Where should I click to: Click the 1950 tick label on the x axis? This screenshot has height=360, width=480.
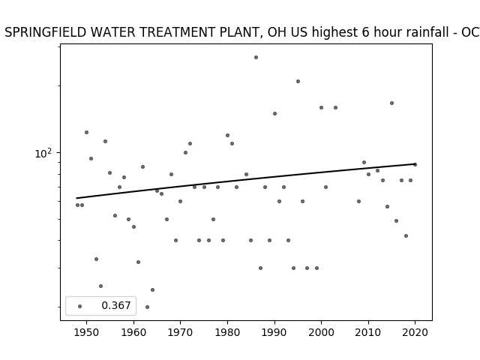[x=87, y=332]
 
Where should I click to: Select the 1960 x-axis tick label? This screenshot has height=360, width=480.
[x=133, y=332]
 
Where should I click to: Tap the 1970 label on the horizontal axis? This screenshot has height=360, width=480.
[x=180, y=332]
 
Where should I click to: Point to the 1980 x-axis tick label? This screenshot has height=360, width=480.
[x=227, y=332]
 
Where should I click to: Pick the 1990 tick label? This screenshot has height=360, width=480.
[x=274, y=332]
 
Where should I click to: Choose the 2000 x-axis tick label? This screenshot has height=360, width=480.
[x=322, y=332]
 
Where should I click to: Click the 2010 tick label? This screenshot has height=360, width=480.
[x=368, y=332]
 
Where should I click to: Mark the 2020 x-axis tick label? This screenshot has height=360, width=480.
[x=415, y=332]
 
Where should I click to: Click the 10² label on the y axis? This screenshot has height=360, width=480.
[x=43, y=153]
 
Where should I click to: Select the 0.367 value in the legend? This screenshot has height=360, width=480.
[x=116, y=305]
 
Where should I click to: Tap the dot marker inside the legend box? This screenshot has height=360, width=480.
[x=80, y=306]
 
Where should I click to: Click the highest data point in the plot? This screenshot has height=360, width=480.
[x=256, y=57]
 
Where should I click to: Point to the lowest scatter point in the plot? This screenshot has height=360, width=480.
[x=147, y=307]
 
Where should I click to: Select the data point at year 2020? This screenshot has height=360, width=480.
[x=415, y=165]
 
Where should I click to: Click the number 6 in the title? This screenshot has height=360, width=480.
[x=366, y=32]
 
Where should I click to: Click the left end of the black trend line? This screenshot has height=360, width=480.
[x=76, y=198]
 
